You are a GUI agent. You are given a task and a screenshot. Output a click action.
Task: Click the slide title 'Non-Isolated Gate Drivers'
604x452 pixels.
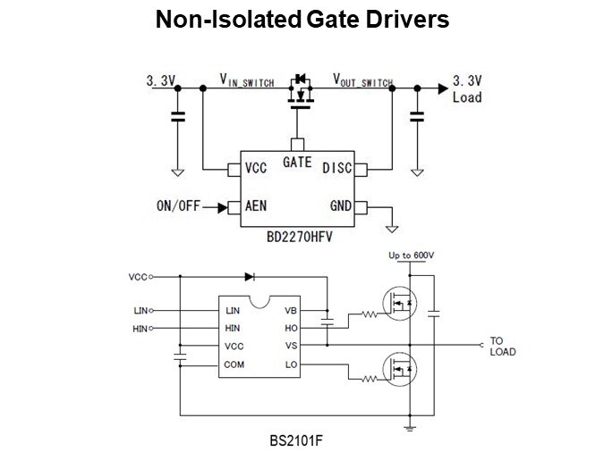pos(302,19)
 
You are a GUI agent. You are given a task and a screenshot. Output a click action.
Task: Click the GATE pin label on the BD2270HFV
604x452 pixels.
pos(297,163)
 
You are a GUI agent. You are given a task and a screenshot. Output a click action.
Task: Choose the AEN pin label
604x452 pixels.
pos(256,206)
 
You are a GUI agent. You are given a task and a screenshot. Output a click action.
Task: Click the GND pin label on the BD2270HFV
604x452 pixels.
pos(341,206)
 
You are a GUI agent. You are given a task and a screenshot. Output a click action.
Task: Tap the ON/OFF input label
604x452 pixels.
pos(178,206)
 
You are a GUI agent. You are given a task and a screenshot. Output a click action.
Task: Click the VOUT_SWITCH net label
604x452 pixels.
pos(362,80)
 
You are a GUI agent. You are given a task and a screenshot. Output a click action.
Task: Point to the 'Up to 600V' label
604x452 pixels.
pos(411,255)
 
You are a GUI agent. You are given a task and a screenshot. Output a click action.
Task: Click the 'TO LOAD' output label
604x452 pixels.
pos(502,346)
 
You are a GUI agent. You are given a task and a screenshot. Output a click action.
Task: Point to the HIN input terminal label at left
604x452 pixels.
pos(138,329)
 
